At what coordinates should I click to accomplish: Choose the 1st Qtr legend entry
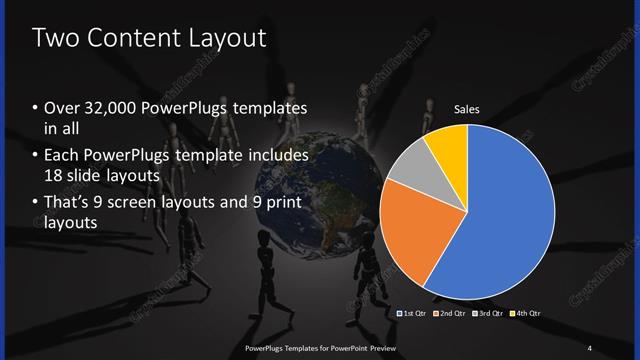click(414, 314)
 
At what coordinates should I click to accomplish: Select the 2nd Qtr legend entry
click(449, 314)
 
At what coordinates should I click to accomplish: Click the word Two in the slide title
click(57, 39)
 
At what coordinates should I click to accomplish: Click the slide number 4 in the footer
click(590, 347)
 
